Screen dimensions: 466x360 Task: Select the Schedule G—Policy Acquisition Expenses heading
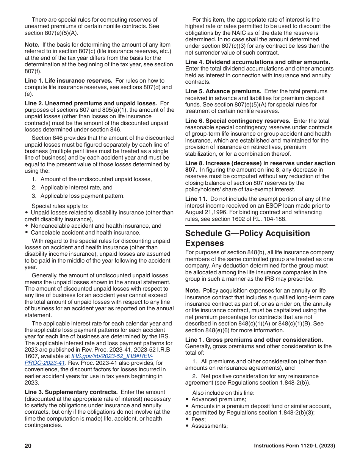click(x=247, y=238)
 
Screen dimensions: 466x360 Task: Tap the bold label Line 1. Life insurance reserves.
click(x=68, y=81)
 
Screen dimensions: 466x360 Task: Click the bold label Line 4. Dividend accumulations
click(x=257, y=62)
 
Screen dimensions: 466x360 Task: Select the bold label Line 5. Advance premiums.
click(x=223, y=91)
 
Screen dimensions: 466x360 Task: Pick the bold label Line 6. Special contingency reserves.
click(x=238, y=121)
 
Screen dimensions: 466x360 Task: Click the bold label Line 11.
click(x=196, y=199)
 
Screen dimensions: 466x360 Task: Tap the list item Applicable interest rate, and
click(x=76, y=188)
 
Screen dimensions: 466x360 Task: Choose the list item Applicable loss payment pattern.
click(x=82, y=196)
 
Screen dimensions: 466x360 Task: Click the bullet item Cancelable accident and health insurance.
click(x=85, y=233)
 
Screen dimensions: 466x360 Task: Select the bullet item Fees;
click(x=199, y=419)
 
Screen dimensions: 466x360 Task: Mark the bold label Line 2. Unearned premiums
click(x=91, y=103)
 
